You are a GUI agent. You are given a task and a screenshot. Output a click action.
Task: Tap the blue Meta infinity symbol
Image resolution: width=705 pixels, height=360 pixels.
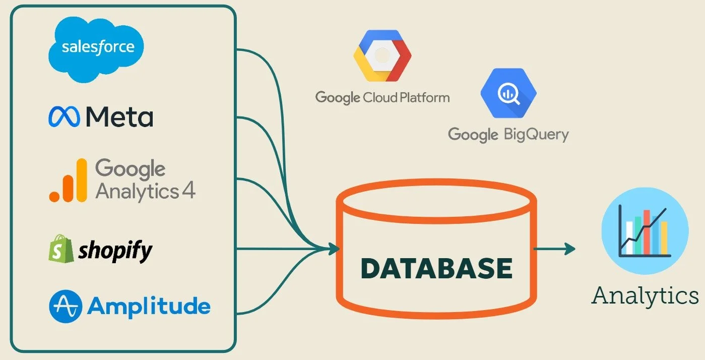(x=64, y=117)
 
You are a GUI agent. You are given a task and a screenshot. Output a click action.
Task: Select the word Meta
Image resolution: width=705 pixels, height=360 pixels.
(x=119, y=117)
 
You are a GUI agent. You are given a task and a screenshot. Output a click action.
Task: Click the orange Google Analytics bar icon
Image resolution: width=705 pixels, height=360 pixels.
(x=68, y=182)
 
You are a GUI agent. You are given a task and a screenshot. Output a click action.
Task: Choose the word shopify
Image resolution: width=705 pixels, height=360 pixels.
(x=115, y=251)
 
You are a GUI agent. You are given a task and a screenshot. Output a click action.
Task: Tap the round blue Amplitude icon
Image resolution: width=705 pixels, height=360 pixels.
(x=65, y=306)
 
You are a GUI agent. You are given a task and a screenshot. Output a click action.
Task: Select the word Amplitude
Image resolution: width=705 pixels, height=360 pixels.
(x=149, y=306)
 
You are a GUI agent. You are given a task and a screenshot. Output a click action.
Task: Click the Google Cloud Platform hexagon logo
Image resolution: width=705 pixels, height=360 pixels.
(x=382, y=55)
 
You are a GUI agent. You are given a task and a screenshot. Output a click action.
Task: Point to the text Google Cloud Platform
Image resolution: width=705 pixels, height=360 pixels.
(x=382, y=97)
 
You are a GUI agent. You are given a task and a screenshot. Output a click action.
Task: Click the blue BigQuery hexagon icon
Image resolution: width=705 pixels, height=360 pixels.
(x=508, y=93)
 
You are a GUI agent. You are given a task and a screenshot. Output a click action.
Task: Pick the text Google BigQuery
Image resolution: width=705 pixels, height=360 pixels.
(x=508, y=135)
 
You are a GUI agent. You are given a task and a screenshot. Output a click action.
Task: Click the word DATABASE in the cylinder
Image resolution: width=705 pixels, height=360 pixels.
(x=437, y=268)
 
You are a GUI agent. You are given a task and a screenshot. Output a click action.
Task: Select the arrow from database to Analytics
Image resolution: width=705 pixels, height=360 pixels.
(x=554, y=248)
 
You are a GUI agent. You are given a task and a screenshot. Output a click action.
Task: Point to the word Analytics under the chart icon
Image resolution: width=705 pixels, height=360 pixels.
(x=645, y=295)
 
